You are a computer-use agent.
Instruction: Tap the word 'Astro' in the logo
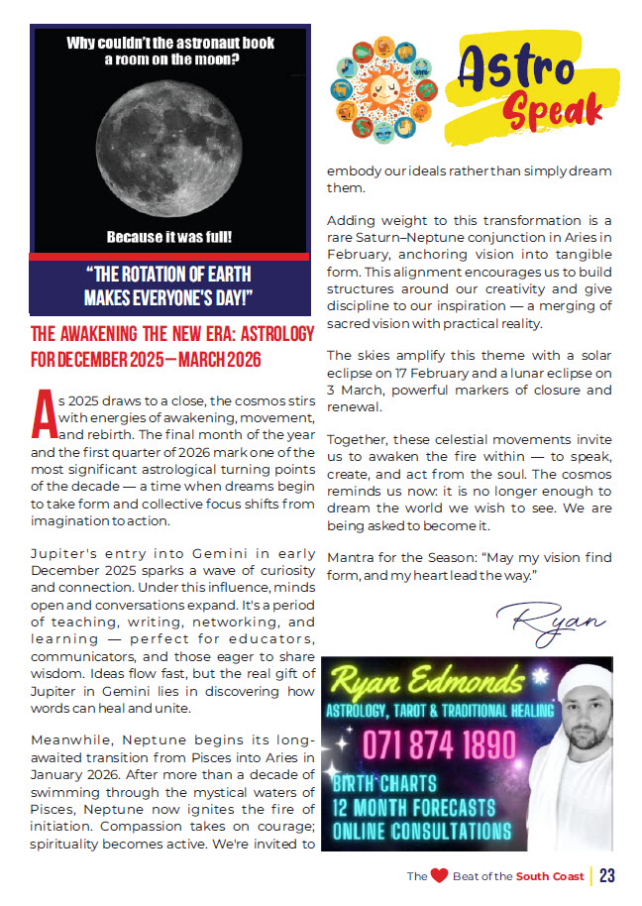(518, 68)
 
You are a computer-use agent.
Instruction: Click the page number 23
(607, 875)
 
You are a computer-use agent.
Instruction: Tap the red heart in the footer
(439, 875)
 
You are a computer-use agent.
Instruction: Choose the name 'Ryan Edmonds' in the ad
(437, 682)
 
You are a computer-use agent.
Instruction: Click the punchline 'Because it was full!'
(169, 238)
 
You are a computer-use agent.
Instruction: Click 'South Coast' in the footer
(550, 876)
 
